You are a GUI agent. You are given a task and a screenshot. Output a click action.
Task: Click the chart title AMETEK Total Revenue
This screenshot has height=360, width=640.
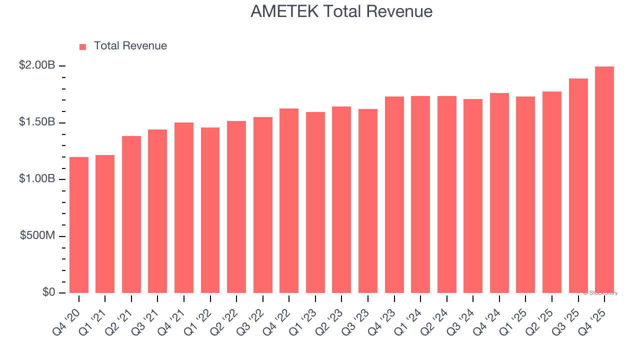click(x=341, y=11)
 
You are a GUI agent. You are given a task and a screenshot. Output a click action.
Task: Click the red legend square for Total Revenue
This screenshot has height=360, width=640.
click(x=83, y=46)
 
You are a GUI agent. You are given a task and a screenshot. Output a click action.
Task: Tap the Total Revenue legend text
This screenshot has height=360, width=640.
click(x=130, y=46)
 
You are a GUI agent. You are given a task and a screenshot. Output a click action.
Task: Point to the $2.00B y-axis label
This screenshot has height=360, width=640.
click(x=37, y=65)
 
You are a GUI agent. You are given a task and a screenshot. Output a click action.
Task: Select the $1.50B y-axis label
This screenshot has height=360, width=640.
click(x=37, y=122)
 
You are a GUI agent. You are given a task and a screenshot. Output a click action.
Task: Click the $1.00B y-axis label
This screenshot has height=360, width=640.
click(x=37, y=178)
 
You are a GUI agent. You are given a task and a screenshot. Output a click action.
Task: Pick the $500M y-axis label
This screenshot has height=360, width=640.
click(x=37, y=235)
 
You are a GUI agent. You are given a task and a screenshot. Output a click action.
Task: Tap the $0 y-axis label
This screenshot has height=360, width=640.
click(x=48, y=292)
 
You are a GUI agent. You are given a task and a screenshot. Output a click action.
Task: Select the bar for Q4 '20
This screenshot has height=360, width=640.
click(x=79, y=225)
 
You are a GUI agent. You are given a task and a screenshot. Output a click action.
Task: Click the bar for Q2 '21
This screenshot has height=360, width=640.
click(x=131, y=214)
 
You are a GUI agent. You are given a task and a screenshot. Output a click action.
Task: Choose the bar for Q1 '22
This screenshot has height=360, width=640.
click(x=210, y=210)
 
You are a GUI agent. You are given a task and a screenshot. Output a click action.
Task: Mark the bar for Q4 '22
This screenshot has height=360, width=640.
click(x=289, y=200)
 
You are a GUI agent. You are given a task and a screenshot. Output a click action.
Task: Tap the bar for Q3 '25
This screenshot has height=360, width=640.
click(x=578, y=185)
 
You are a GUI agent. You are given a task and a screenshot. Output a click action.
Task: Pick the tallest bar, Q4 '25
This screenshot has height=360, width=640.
click(x=604, y=179)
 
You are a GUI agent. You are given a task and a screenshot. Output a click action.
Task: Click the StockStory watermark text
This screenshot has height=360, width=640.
click(x=600, y=293)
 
